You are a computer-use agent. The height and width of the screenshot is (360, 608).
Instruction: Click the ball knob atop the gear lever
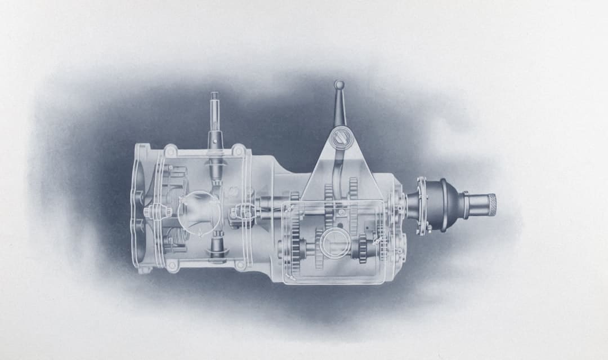click(339, 85)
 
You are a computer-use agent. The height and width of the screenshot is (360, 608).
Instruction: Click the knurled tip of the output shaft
click(491, 205)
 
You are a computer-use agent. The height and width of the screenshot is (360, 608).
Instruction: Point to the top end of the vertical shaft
click(214, 96)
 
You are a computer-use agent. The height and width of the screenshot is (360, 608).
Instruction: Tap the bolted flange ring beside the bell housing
click(421, 205)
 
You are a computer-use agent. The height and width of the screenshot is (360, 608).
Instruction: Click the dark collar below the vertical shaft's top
click(215, 138)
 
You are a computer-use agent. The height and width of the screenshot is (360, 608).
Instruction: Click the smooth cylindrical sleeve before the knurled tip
click(475, 205)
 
